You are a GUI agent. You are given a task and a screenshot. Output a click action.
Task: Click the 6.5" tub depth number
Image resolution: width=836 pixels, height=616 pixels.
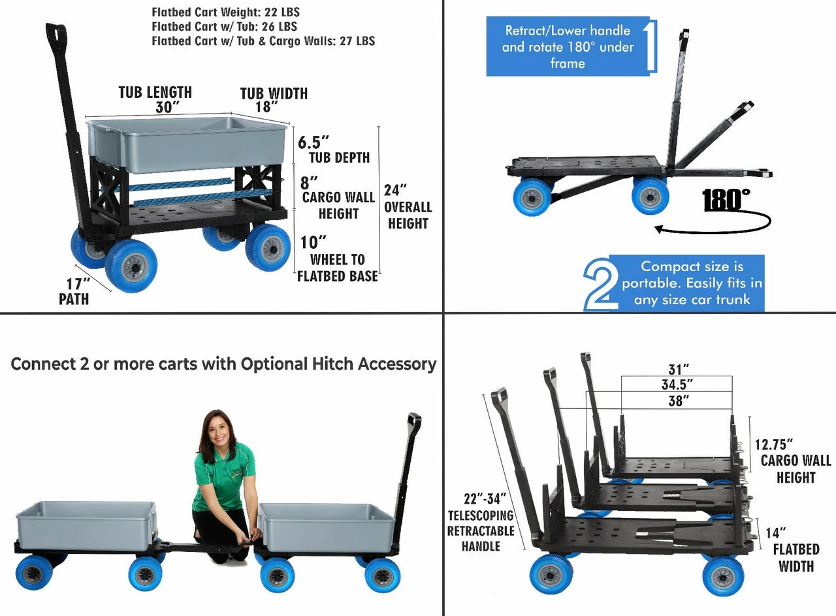313,142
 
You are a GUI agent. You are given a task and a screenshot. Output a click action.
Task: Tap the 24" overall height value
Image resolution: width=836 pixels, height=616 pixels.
395,190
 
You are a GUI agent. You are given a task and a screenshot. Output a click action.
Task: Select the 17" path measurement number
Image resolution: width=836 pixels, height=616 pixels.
78,284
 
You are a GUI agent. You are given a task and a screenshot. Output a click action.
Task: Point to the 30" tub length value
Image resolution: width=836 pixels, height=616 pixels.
167,108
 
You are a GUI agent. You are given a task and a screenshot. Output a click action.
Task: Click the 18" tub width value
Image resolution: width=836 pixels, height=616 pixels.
266,106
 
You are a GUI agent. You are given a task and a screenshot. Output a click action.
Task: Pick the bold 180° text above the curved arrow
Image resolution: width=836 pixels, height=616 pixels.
726,199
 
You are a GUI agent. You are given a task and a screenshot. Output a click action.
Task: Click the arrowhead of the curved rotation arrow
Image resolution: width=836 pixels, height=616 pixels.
659,229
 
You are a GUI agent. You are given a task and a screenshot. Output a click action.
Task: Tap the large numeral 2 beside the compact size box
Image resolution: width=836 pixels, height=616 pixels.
600,284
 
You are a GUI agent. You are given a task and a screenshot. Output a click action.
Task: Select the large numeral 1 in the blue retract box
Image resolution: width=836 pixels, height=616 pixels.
650,45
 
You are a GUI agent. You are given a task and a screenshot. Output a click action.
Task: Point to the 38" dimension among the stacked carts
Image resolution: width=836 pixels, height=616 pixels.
679,401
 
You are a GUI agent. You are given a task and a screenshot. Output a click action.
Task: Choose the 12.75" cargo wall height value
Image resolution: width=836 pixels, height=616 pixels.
774,445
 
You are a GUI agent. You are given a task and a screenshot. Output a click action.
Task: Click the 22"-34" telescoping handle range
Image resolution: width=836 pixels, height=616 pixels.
485,499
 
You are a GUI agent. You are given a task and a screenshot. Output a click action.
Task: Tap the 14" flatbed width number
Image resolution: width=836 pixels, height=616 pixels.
776,533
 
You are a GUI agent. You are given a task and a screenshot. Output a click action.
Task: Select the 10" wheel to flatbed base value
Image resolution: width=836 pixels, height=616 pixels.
313,242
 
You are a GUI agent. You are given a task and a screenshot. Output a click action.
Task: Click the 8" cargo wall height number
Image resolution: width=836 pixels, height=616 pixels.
309,183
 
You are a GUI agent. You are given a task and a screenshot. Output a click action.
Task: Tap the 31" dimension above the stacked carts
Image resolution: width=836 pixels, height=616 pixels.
679,370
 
